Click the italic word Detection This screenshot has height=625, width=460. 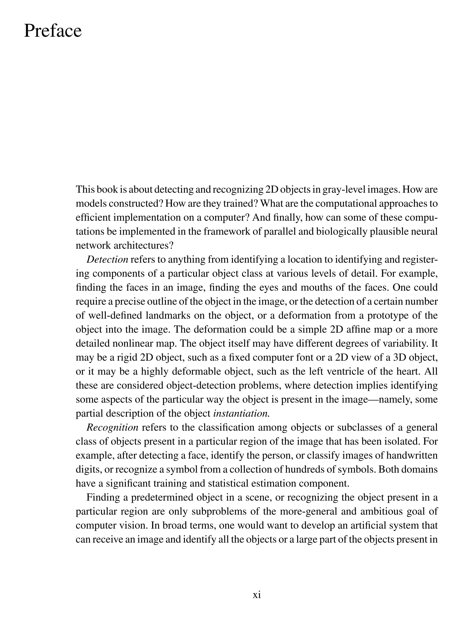[107, 260]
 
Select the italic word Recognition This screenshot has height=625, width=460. [112, 427]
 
